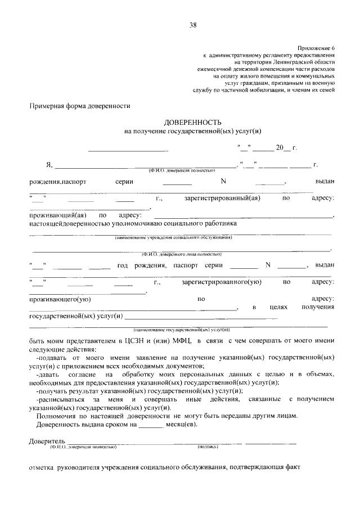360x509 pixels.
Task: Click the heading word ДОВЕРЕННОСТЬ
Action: pyautogui.click(x=193, y=122)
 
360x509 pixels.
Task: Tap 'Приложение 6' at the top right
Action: pyautogui.click(x=316, y=48)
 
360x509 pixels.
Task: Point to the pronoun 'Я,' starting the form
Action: pyautogui.click(x=49, y=165)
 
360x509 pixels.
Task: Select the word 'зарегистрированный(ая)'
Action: pyautogui.click(x=222, y=198)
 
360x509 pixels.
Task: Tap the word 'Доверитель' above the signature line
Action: pyautogui.click(x=48, y=440)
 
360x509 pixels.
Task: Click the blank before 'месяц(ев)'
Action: pyautogui.click(x=150, y=425)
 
